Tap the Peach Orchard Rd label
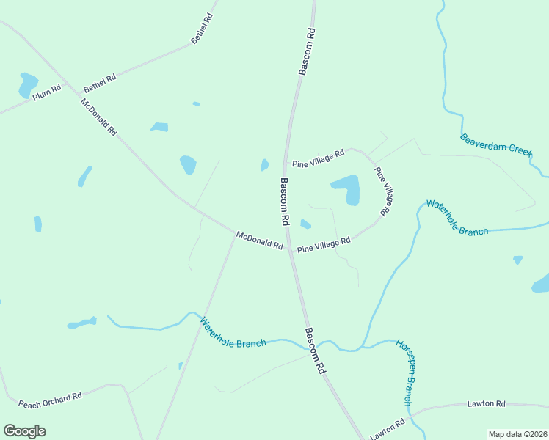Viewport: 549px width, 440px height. tap(50, 400)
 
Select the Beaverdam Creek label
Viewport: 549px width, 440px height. tap(495, 143)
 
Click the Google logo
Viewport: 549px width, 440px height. tap(25, 431)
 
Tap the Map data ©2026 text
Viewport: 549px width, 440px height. tap(517, 434)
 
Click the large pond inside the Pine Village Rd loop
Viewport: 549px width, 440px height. tap(348, 189)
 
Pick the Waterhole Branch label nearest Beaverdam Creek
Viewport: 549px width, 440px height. tap(457, 218)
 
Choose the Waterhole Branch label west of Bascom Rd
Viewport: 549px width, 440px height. tap(233, 332)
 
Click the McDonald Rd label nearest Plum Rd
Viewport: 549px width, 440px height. tap(99, 117)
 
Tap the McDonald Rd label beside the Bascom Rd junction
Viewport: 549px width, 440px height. tap(259, 240)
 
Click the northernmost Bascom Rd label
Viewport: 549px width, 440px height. tap(307, 51)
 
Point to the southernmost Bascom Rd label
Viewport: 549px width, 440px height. tap(315, 352)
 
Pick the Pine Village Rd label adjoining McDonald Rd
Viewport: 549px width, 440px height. tap(324, 245)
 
